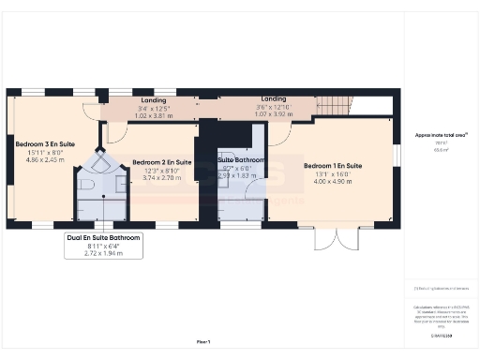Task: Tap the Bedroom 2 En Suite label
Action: click(x=161, y=162)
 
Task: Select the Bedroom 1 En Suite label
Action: click(x=333, y=166)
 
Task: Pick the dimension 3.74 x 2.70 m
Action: click(x=161, y=177)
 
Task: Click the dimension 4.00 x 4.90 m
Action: click(x=333, y=182)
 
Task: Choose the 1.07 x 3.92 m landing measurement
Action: click(x=274, y=116)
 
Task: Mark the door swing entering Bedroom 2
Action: click(x=116, y=133)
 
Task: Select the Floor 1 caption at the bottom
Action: click(x=203, y=341)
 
